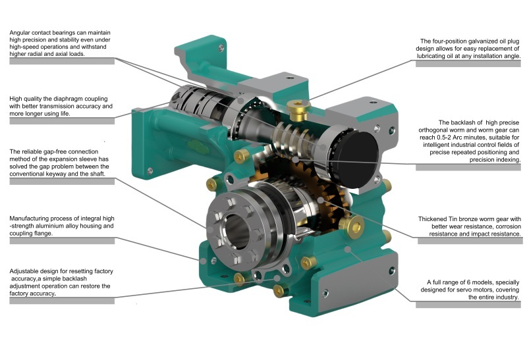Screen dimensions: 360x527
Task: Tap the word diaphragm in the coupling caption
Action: click(76, 97)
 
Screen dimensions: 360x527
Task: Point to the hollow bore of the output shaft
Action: click(231, 233)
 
